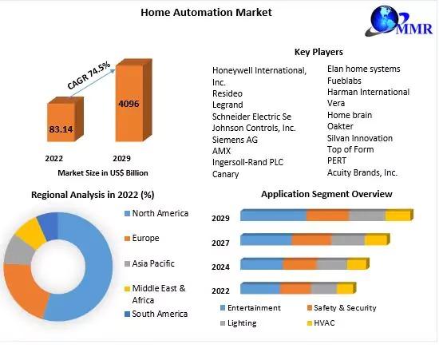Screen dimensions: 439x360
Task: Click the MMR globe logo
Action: pyautogui.click(x=398, y=21)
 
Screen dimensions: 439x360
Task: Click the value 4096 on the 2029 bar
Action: pyautogui.click(x=129, y=104)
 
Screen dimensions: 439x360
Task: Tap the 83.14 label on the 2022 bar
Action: pyautogui.click(x=61, y=129)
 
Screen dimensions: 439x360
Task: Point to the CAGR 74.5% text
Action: pyautogui.click(x=89, y=75)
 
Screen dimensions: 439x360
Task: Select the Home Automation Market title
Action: pyautogui.click(x=206, y=12)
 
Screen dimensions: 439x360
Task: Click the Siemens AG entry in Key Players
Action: pyautogui.click(x=235, y=140)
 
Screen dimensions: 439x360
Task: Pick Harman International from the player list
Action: pyautogui.click(x=368, y=92)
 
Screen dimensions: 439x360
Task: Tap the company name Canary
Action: pyautogui.click(x=225, y=174)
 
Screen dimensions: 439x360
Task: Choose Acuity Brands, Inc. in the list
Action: pyautogui.click(x=362, y=172)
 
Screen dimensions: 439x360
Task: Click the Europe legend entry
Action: pyautogui.click(x=142, y=238)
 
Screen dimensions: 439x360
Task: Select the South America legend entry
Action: pyautogui.click(x=156, y=314)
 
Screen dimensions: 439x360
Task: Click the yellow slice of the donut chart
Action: pyautogui.click(x=30, y=233)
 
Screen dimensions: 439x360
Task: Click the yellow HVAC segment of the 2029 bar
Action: pyautogui.click(x=397, y=216)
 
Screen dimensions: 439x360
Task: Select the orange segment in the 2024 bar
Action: pyautogui.click(x=299, y=264)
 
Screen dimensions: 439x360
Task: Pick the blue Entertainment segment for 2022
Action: pyautogui.click(x=260, y=288)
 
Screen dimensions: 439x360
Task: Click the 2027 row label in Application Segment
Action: pyautogui.click(x=220, y=243)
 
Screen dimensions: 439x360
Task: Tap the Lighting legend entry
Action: pyautogui.click(x=239, y=323)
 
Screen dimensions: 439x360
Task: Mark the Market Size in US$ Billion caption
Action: pyautogui.click(x=103, y=173)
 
